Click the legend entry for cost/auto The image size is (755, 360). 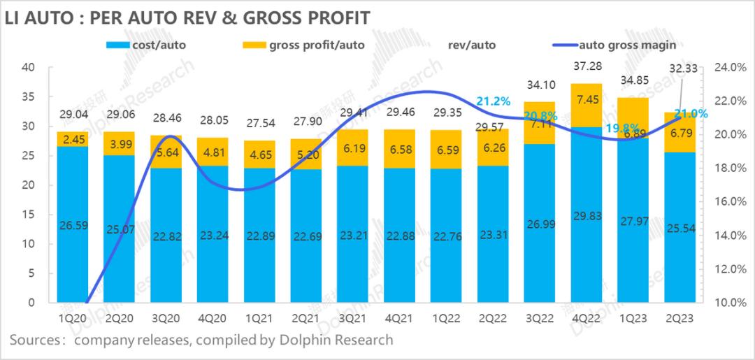157,45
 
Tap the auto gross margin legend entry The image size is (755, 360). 625,45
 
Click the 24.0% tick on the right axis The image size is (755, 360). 726,68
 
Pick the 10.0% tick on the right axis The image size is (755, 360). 726,303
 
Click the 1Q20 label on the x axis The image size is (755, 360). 73,319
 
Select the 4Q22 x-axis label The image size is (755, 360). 585,319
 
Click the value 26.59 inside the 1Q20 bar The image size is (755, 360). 73,225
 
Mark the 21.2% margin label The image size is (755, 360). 493,101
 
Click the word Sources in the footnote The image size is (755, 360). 34,340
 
